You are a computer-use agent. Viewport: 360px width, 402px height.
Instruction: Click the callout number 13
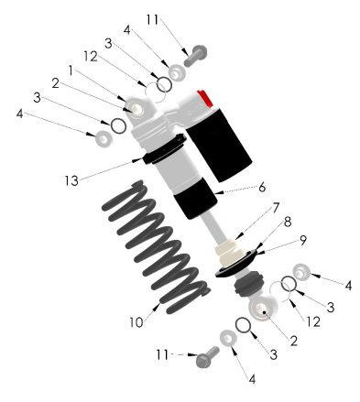pyautogui.click(x=71, y=180)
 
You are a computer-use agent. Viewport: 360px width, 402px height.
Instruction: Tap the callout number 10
pyautogui.click(x=136, y=322)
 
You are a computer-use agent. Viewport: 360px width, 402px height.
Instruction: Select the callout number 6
pyautogui.click(x=262, y=188)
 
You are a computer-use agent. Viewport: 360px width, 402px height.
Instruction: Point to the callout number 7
pyautogui.click(x=276, y=208)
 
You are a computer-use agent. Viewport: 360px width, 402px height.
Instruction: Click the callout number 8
pyautogui.click(x=288, y=223)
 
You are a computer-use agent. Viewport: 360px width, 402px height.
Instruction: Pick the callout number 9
pyautogui.click(x=303, y=240)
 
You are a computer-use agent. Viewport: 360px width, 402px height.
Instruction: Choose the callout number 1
pyautogui.click(x=71, y=71)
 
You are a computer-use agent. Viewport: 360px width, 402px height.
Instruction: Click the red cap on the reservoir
pyautogui.click(x=205, y=98)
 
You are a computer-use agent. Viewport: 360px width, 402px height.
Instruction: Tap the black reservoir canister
pyautogui.click(x=219, y=144)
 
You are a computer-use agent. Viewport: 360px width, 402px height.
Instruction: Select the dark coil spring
pyautogui.click(x=156, y=247)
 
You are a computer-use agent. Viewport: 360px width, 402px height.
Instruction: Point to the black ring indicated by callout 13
pyautogui.click(x=165, y=148)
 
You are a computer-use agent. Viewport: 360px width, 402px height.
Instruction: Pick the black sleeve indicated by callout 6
pyautogui.click(x=195, y=198)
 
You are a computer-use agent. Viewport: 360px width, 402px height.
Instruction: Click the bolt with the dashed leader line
pyautogui.click(x=207, y=357)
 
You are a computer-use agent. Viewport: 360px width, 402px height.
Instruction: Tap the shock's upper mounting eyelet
pyautogui.click(x=138, y=109)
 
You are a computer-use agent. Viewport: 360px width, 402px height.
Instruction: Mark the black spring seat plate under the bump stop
pyautogui.click(x=237, y=264)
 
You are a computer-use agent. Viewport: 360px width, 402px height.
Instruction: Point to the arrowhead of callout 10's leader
pyautogui.click(x=157, y=307)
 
